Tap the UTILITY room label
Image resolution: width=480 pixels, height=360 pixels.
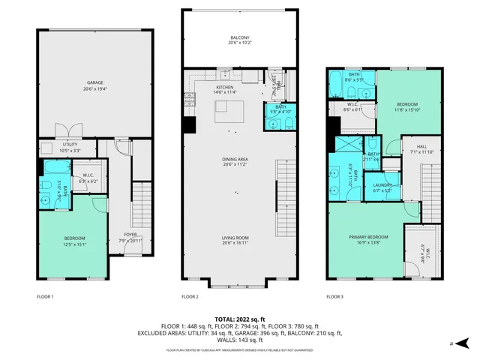(70, 145)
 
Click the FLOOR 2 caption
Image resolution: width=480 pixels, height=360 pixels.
(190, 298)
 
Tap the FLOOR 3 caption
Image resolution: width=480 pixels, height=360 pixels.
(334, 298)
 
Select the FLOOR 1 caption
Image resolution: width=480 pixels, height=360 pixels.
(45, 298)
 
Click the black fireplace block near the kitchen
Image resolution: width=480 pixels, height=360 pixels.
(190, 125)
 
